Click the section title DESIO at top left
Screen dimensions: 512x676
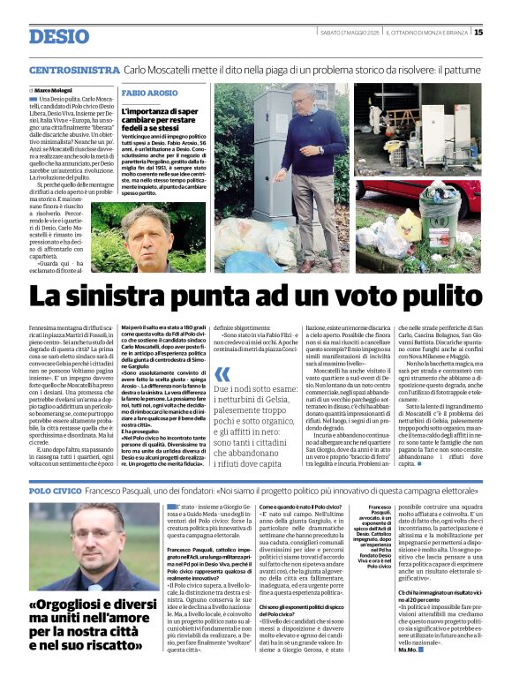tap(59, 36)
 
